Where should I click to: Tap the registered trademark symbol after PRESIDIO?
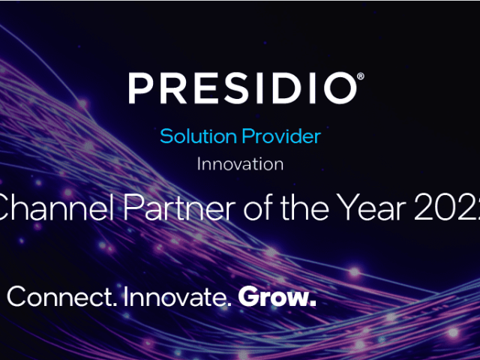pyautogui.click(x=361, y=76)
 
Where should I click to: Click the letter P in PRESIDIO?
pyautogui.click(x=140, y=88)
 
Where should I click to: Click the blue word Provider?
pyautogui.click(x=280, y=136)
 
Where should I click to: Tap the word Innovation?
pyautogui.click(x=240, y=163)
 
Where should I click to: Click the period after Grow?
pyautogui.click(x=313, y=304)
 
